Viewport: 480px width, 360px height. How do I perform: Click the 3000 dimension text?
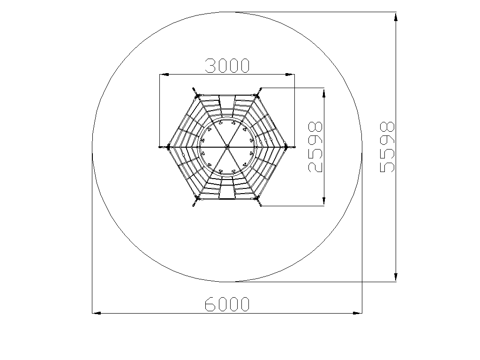(x=227, y=66)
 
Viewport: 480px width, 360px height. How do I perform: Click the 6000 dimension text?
(x=227, y=304)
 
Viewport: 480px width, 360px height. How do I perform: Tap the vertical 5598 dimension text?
(x=387, y=147)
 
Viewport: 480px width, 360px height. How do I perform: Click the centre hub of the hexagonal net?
(x=227, y=147)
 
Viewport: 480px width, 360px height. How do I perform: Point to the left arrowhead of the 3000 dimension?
(x=164, y=75)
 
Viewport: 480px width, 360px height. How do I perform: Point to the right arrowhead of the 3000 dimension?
(x=290, y=75)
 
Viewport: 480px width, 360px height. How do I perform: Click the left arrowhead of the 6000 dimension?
(x=97, y=313)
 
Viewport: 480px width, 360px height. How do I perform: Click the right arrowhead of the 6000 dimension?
(x=358, y=313)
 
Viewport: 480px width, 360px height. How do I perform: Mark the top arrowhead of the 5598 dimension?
(x=396, y=17)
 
